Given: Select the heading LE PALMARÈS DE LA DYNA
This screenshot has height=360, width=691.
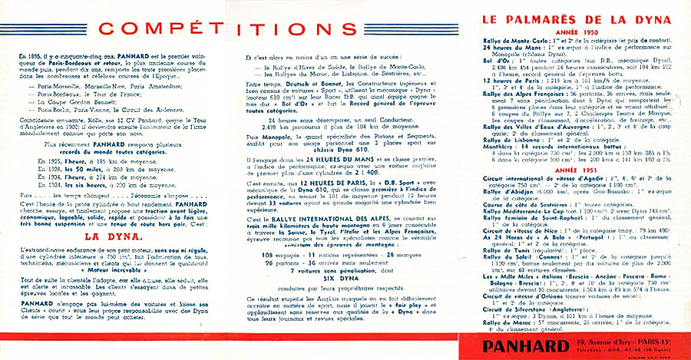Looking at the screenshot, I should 576,19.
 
